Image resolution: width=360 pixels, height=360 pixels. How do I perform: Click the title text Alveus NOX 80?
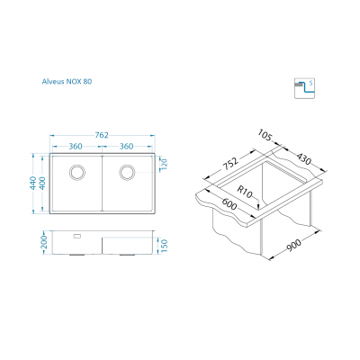point(67,81)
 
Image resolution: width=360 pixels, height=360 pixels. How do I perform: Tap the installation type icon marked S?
point(304,88)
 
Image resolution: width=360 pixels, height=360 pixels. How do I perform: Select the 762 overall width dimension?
point(102,135)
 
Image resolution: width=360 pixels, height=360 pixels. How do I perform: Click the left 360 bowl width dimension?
point(76,147)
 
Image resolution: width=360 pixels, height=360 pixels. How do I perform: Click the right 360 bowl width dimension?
point(126,147)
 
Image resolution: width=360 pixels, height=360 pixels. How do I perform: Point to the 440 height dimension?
point(33,183)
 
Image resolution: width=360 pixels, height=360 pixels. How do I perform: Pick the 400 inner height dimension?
point(42,183)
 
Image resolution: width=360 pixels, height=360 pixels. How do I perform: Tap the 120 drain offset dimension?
point(164,165)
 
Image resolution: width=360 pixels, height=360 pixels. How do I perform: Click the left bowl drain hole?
point(77,173)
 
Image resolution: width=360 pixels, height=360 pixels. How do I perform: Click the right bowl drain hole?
point(127,173)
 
